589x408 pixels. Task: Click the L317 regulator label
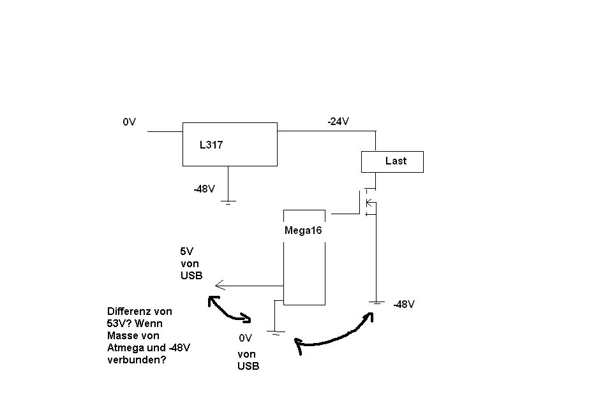[211, 145]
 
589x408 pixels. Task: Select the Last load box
[392, 161]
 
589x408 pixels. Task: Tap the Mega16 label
[303, 231]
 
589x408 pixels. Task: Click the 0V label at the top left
[130, 121]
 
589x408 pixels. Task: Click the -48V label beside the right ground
[404, 304]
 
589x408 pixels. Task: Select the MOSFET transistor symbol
[368, 203]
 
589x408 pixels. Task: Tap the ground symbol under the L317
[228, 202]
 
